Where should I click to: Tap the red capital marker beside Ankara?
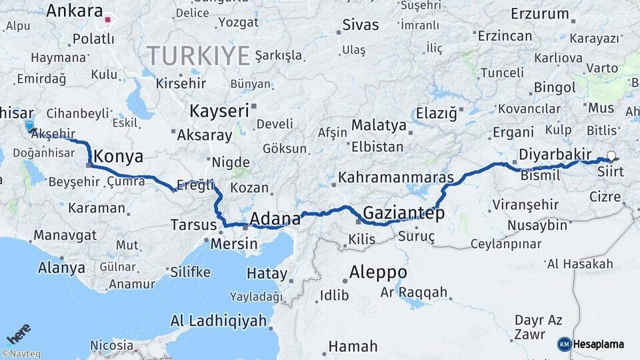[x=107, y=19]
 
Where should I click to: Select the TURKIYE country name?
[x=198, y=55]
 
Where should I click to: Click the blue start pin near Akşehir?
[x=29, y=126]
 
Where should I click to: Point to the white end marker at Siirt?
[x=611, y=156]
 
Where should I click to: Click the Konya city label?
[x=119, y=157]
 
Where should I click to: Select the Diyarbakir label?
[x=555, y=154]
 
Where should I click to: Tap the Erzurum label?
[x=540, y=13]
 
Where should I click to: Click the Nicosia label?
[x=111, y=345]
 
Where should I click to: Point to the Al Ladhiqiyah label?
[x=219, y=321]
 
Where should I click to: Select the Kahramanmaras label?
[x=396, y=178]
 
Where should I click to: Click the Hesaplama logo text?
[x=598, y=344]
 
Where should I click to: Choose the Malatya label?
[x=379, y=125]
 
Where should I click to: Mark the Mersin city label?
[x=233, y=243]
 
